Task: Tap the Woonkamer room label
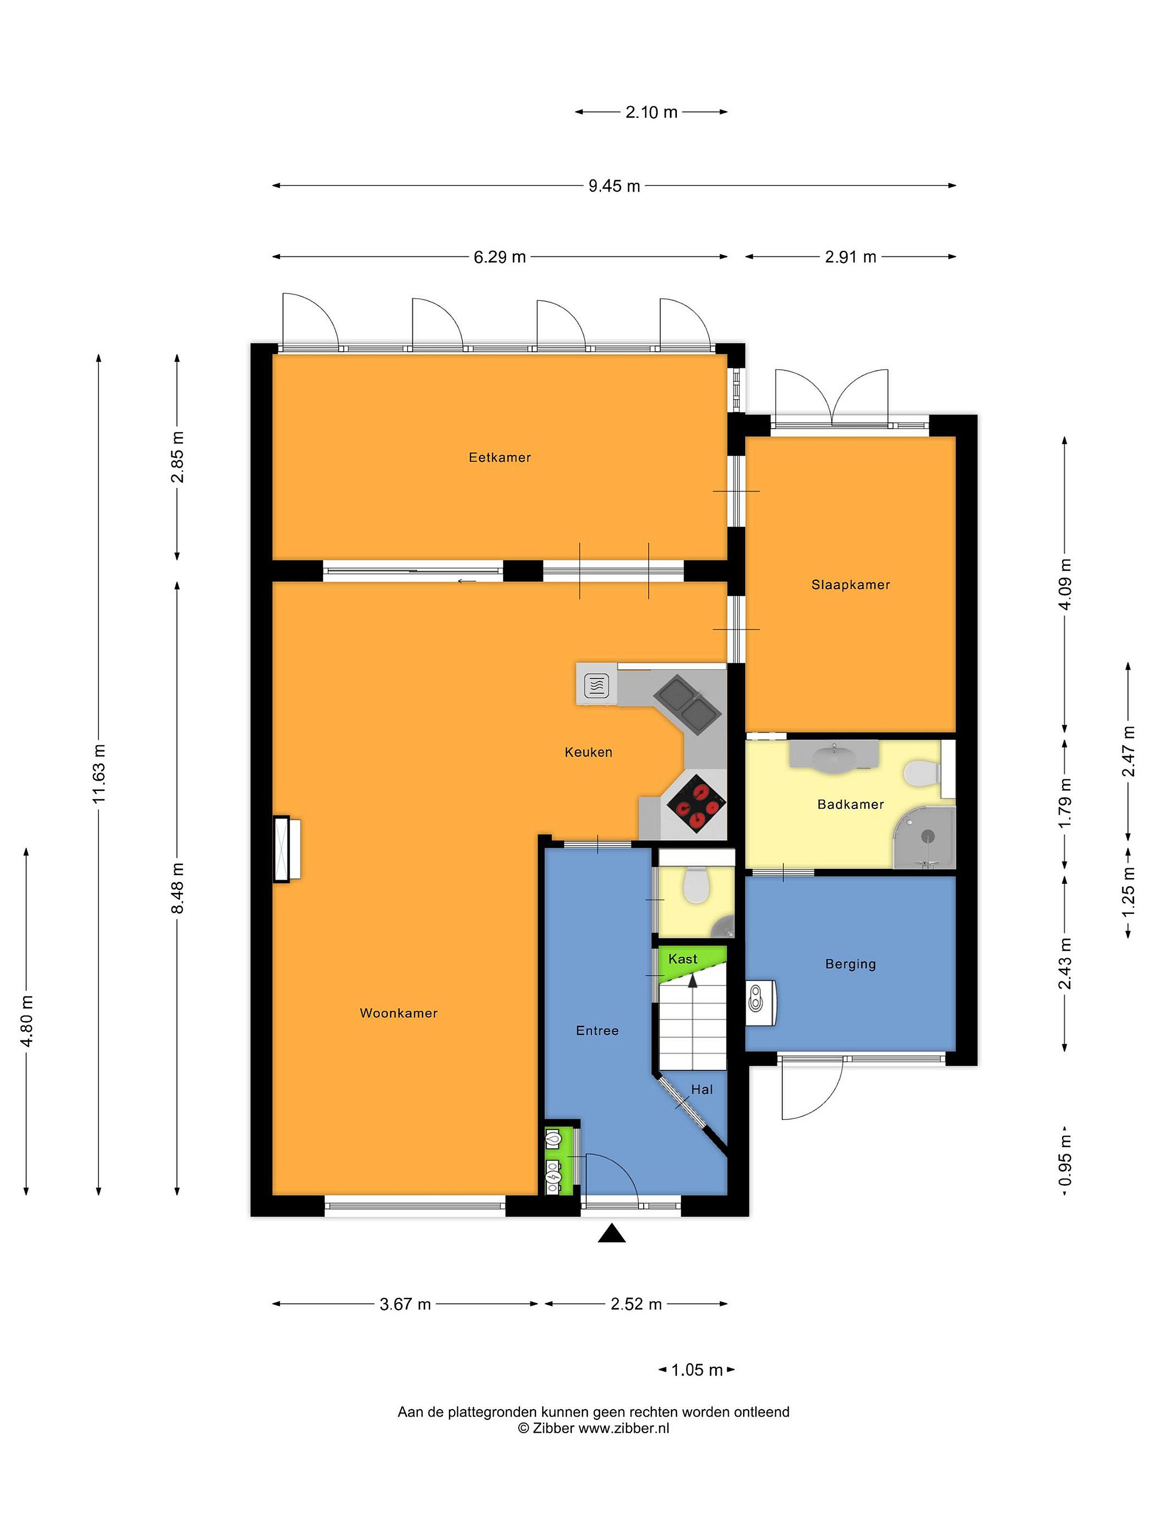pyautogui.click(x=399, y=1013)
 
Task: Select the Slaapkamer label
pyautogui.click(x=851, y=585)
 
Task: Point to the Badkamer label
pyautogui.click(x=850, y=804)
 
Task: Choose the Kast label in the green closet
pyautogui.click(x=682, y=959)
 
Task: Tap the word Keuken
pyautogui.click(x=588, y=751)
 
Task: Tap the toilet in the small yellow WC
pyautogui.click(x=696, y=884)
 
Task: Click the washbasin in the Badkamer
pyautogui.click(x=834, y=756)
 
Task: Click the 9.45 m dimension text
pyautogui.click(x=614, y=186)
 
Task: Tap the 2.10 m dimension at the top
pyautogui.click(x=651, y=112)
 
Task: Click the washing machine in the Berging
pyautogui.click(x=760, y=1002)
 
